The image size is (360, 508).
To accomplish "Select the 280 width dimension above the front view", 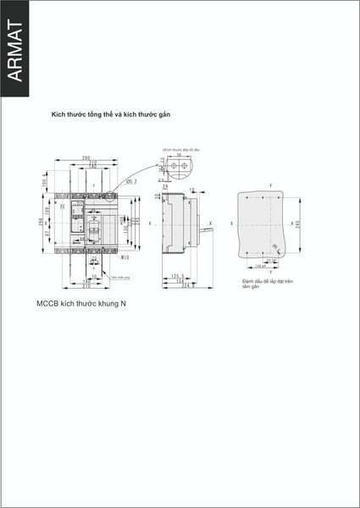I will (x=86, y=157).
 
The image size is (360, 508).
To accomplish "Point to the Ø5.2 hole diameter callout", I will (x=131, y=181).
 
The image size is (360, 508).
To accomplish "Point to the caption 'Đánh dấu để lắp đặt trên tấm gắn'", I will (x=266, y=283).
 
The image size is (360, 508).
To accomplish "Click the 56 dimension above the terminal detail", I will (x=179, y=156).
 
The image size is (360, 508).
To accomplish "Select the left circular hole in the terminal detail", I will (x=174, y=168).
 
